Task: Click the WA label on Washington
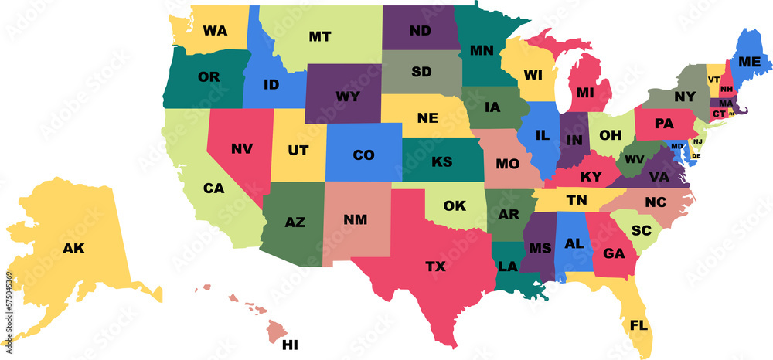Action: click(214, 31)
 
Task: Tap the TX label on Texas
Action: click(435, 267)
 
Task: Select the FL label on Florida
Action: click(638, 324)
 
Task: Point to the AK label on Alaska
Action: click(73, 249)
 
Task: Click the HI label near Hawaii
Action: click(290, 344)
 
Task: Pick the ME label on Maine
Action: click(749, 62)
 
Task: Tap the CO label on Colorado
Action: click(363, 155)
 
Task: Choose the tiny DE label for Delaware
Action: click(695, 155)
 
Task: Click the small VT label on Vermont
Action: click(713, 80)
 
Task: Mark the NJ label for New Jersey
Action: click(697, 141)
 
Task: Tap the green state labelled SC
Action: click(641, 230)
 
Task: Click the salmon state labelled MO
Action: click(507, 164)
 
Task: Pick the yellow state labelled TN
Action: click(576, 199)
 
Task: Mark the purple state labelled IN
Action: click(573, 140)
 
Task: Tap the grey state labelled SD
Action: click(421, 72)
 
